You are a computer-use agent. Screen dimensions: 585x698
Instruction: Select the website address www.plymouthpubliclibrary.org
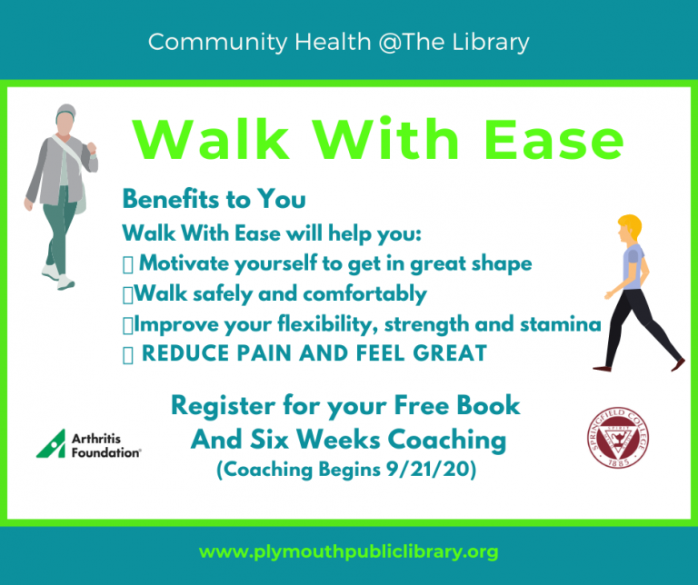[x=348, y=551]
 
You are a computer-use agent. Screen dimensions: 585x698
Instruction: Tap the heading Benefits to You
[x=214, y=199]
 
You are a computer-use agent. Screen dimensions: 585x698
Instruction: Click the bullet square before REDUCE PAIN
[x=127, y=354]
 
